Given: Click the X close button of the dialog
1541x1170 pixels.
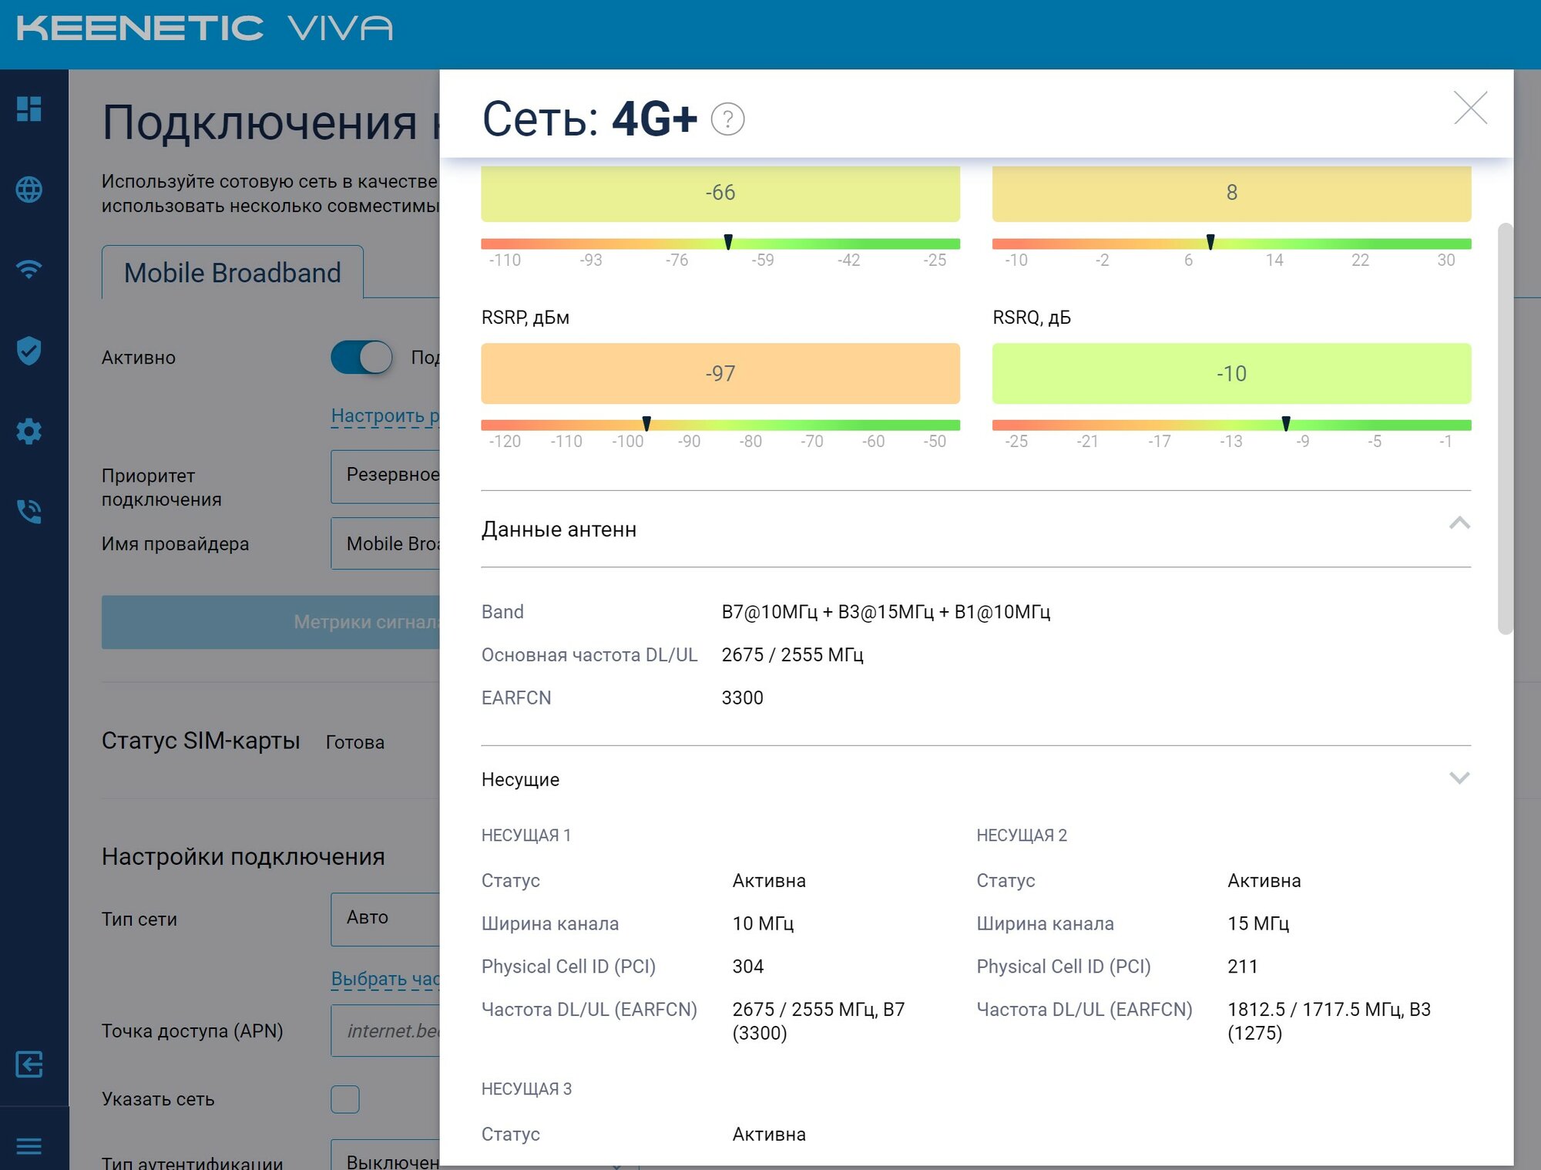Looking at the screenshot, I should tap(1470, 108).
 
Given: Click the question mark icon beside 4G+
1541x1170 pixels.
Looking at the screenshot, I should tap(727, 119).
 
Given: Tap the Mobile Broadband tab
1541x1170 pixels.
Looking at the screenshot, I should tap(232, 273).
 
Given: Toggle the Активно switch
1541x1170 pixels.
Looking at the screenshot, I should tap(361, 358).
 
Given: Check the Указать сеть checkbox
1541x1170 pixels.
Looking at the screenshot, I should tap(345, 1099).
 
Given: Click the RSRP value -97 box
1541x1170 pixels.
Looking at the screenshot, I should tap(720, 374).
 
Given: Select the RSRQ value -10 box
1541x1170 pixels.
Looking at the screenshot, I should tap(1231, 374).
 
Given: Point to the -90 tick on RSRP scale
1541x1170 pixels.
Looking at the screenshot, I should tap(689, 442).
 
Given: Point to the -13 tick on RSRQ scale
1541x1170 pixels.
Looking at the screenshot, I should tap(1230, 442).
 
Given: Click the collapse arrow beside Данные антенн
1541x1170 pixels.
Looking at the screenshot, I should tap(1459, 524).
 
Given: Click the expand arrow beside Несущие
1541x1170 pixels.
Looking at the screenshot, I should tap(1459, 778).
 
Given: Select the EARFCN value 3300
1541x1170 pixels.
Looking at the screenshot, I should tap(742, 698).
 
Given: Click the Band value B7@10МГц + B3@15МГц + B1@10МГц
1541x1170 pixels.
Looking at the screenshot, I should tap(885, 612).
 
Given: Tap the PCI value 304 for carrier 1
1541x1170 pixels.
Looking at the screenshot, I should tap(747, 967).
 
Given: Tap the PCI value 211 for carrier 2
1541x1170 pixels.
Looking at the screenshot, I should tap(1242, 967).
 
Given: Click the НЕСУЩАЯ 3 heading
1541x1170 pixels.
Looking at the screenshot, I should tap(526, 1089).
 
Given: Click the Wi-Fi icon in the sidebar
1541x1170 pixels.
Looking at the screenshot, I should tap(29, 270).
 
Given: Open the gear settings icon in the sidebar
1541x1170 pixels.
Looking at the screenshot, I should tap(29, 431).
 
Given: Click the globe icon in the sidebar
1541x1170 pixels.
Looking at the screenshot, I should tap(29, 190).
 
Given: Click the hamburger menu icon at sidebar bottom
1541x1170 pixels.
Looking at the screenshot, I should tap(29, 1146).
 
